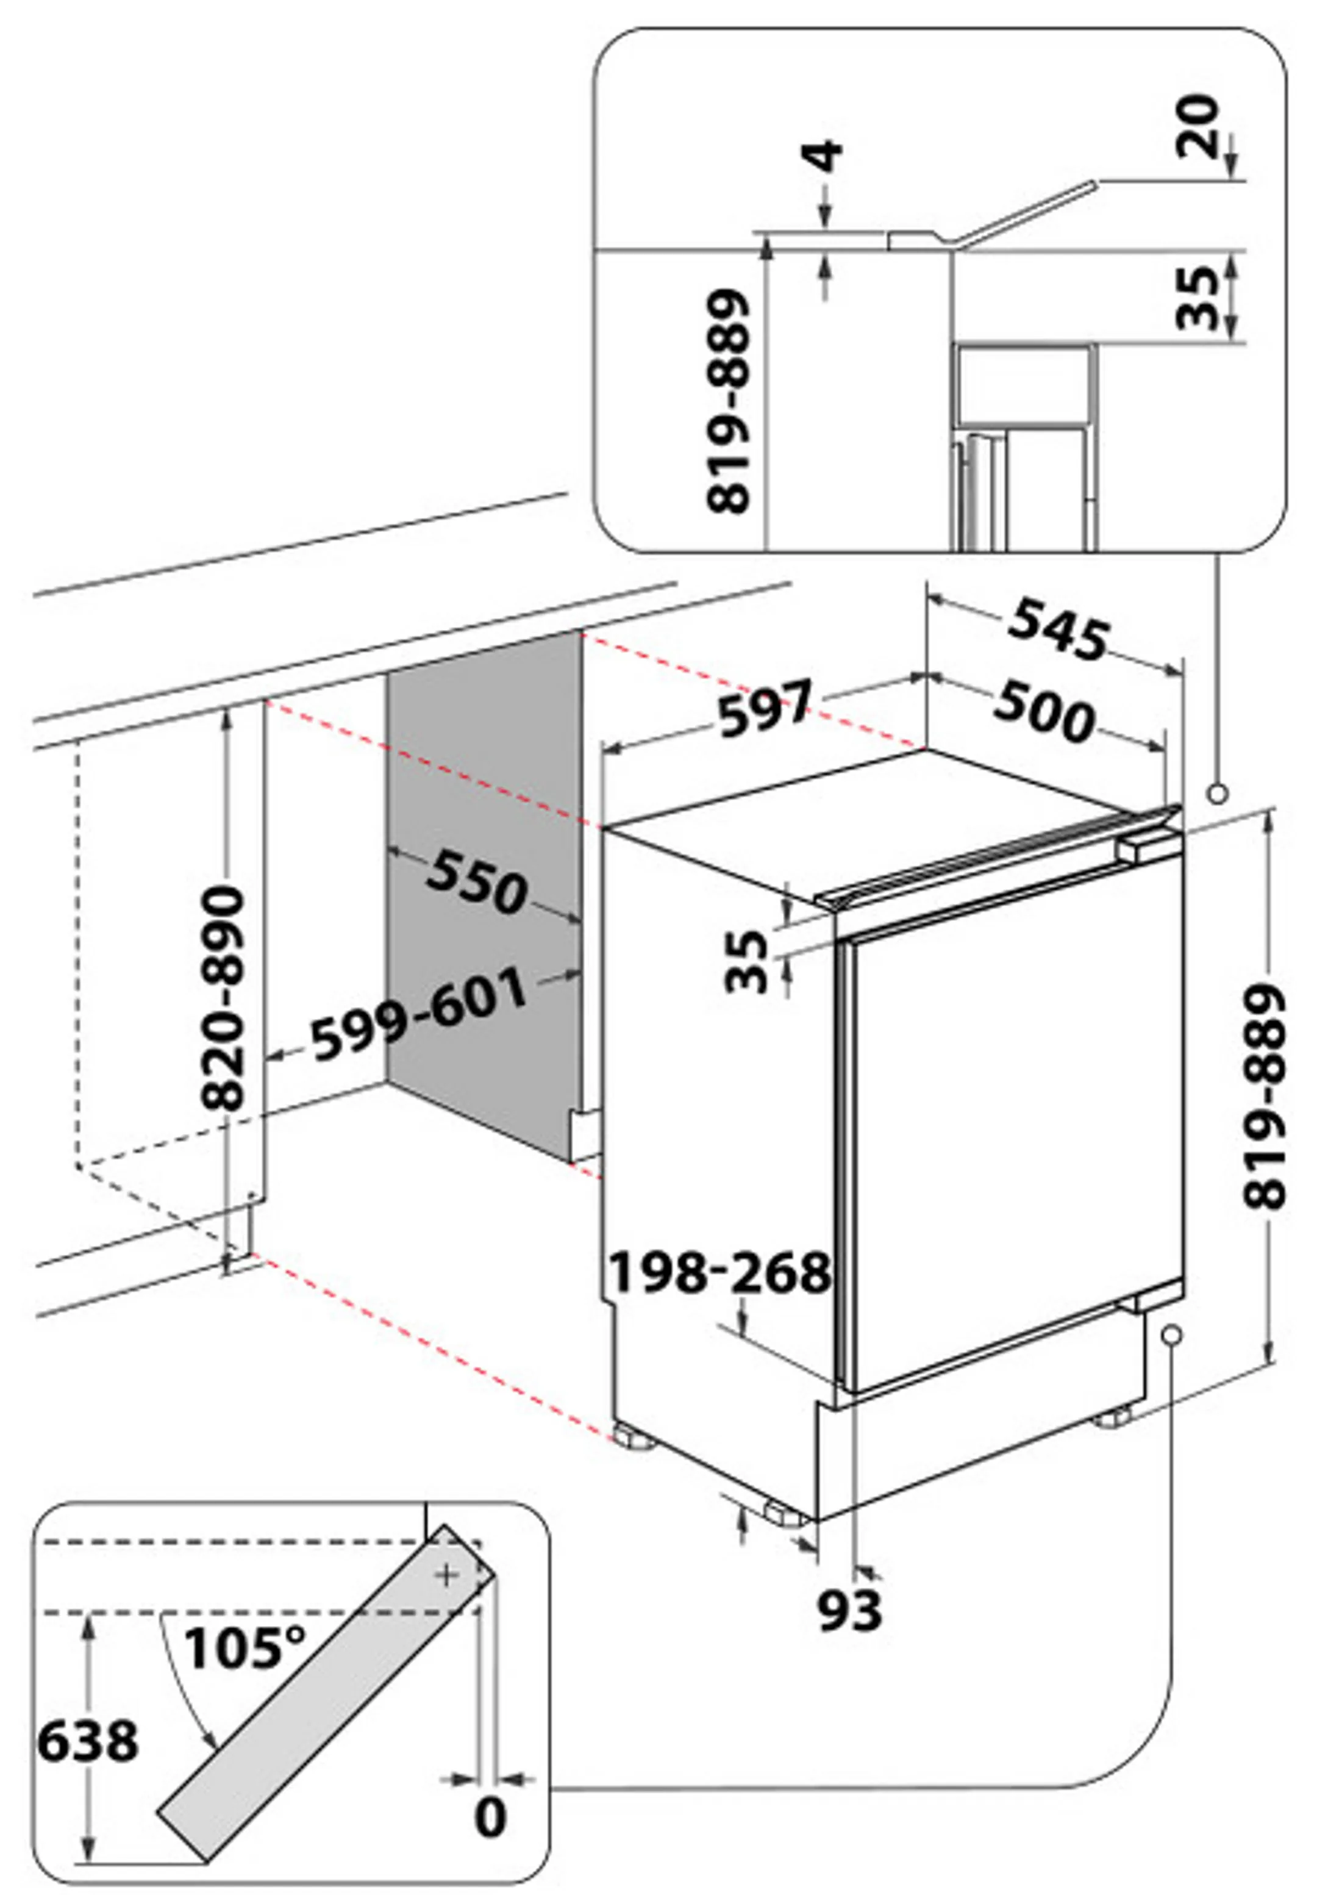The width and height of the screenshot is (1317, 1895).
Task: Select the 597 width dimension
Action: click(x=766, y=707)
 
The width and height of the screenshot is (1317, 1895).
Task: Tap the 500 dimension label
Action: click(x=1044, y=712)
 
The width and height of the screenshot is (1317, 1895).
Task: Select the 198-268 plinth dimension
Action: click(x=719, y=1271)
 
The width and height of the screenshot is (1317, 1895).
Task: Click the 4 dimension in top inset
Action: click(x=824, y=156)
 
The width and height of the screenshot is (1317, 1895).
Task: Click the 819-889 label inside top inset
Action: click(x=729, y=400)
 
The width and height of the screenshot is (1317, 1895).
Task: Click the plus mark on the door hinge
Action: click(x=448, y=1575)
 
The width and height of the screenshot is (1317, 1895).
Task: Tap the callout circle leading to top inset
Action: click(x=1217, y=795)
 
